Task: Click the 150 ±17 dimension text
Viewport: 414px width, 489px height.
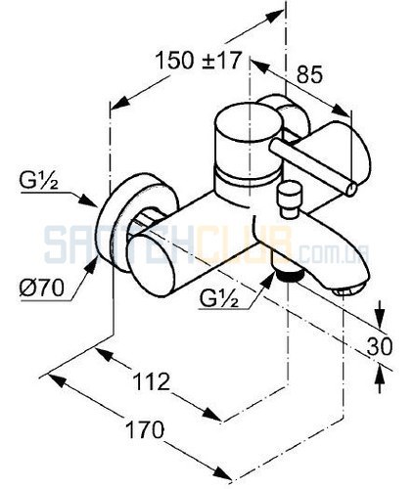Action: [x=198, y=60]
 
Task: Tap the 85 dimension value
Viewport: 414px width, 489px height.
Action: [x=309, y=74]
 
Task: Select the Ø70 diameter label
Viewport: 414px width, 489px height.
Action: [x=41, y=288]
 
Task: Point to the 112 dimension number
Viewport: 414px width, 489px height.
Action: [x=152, y=381]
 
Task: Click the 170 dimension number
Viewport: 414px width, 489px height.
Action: [x=145, y=429]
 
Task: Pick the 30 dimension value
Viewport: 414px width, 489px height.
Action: [x=380, y=346]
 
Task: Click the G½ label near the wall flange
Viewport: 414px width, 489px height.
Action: [x=39, y=183]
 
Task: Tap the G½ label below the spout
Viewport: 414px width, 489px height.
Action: [x=219, y=298]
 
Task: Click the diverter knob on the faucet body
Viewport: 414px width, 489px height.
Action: [x=289, y=200]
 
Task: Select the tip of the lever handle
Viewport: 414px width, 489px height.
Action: [x=350, y=189]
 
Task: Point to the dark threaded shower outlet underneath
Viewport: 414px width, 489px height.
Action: [x=289, y=276]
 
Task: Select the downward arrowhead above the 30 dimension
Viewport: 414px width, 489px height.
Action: [x=379, y=319]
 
